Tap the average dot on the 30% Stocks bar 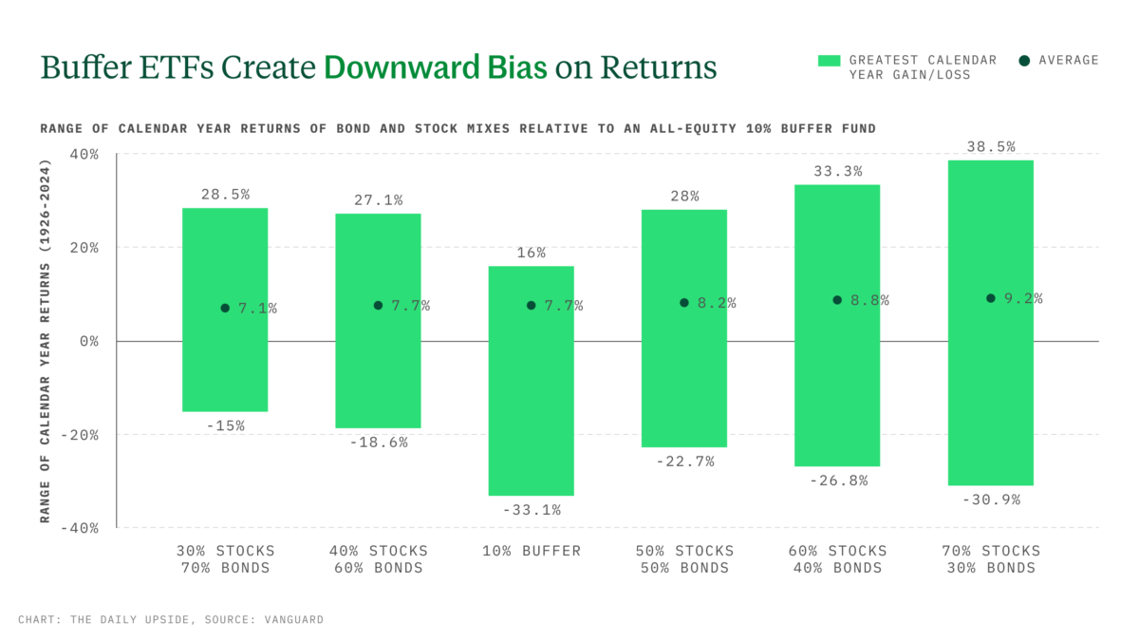point(225,308)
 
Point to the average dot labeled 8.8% point(837,300)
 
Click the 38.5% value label point(990,147)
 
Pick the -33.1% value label point(531,510)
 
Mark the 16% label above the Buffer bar point(531,253)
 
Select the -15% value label point(225,425)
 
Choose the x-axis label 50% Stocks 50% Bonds point(683,559)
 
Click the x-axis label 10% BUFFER point(531,551)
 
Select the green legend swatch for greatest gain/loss point(829,61)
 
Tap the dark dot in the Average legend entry point(1024,61)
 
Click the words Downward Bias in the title point(436,67)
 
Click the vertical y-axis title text point(45,341)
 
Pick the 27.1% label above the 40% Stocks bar point(378,200)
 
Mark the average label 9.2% point(1023,298)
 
